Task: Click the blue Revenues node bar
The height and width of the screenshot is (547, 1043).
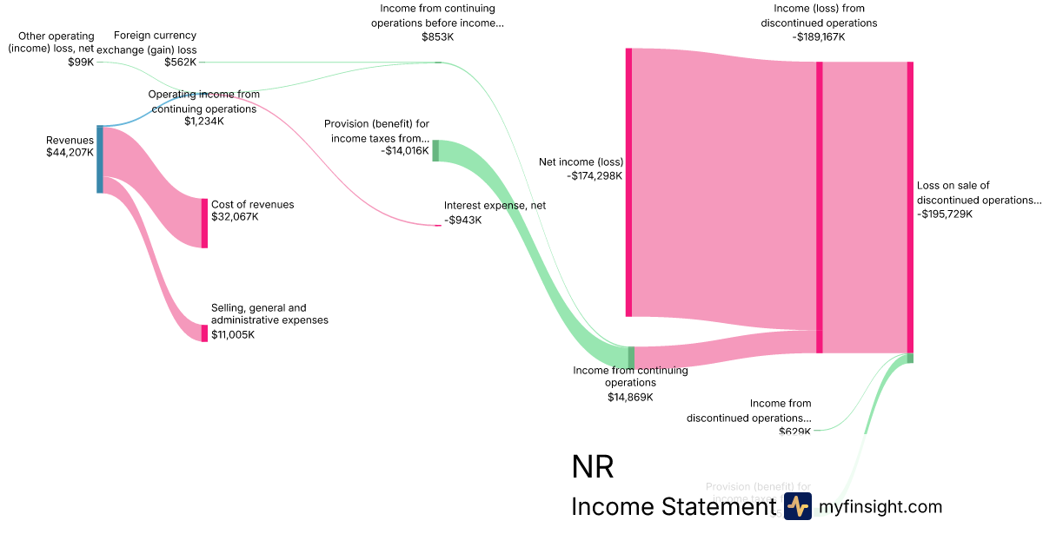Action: (100, 159)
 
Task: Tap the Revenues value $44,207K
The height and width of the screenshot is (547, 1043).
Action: (70, 153)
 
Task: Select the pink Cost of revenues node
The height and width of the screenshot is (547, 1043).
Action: (205, 223)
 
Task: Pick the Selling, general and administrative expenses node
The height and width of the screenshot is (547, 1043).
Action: (205, 333)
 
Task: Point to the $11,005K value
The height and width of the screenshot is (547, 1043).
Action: (233, 334)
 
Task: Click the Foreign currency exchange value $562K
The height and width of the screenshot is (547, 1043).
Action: (180, 63)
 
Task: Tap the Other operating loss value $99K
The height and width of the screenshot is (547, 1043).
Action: (81, 63)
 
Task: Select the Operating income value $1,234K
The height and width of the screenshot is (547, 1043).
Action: (204, 122)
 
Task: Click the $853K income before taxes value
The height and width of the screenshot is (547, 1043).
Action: (442, 36)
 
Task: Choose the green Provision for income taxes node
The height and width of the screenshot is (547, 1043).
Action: (435, 150)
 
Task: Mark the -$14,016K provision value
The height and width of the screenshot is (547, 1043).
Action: (405, 151)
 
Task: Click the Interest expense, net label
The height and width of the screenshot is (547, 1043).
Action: (495, 206)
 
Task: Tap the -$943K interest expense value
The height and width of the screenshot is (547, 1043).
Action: (462, 221)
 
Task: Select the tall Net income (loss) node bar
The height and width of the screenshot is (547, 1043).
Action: (628, 182)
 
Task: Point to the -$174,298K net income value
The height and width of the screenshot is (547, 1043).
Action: (595, 176)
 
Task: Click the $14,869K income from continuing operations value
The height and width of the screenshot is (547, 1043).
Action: (630, 397)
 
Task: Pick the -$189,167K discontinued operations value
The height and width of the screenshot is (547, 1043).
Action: (819, 36)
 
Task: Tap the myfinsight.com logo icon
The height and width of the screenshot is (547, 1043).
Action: (797, 506)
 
